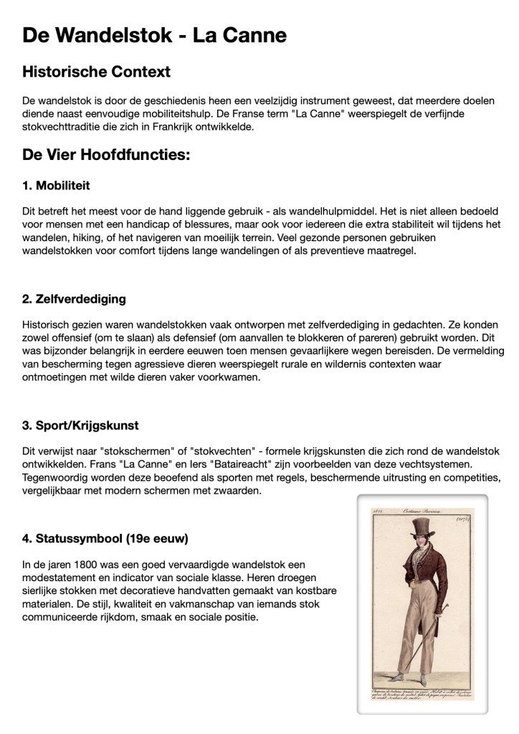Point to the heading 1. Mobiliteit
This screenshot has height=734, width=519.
point(56,186)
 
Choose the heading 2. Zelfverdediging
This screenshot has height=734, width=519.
point(75,298)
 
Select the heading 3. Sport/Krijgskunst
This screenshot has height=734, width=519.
point(80,425)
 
